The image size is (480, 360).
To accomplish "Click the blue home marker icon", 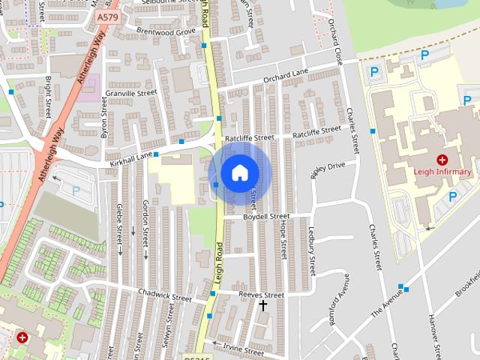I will click(x=239, y=173).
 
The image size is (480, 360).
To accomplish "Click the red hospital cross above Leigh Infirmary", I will click(x=442, y=160).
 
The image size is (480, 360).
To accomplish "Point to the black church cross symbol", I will click(x=262, y=306).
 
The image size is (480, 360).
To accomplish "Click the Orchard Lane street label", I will click(x=284, y=76).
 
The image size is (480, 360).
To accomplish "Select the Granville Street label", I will click(x=130, y=93).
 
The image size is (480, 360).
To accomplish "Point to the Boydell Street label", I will click(x=266, y=217).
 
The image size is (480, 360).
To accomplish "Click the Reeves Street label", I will click(x=261, y=295).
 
